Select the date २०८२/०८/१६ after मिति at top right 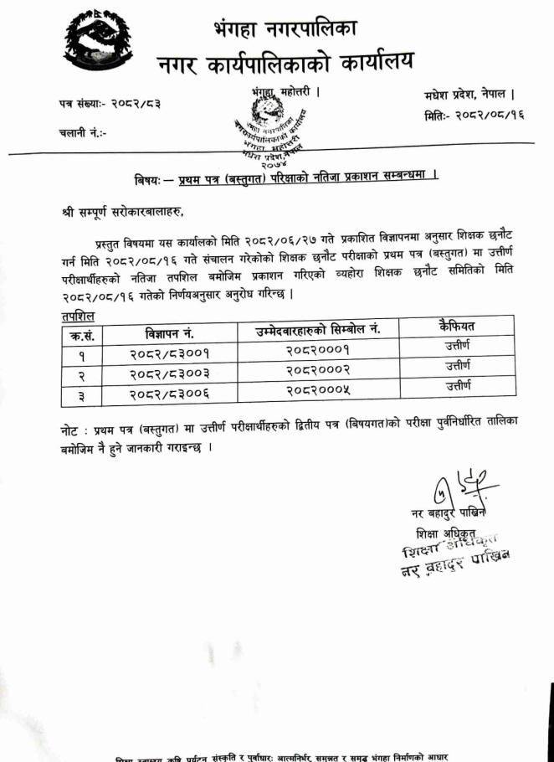pyautogui.click(x=489, y=116)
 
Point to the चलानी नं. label pyautogui.click(x=82, y=132)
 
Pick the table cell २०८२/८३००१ pyautogui.click(x=169, y=354)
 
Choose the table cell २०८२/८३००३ pyautogui.click(x=169, y=373)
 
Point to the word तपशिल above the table pyautogui.click(x=77, y=316)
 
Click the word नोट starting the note pyautogui.click(x=74, y=428)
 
